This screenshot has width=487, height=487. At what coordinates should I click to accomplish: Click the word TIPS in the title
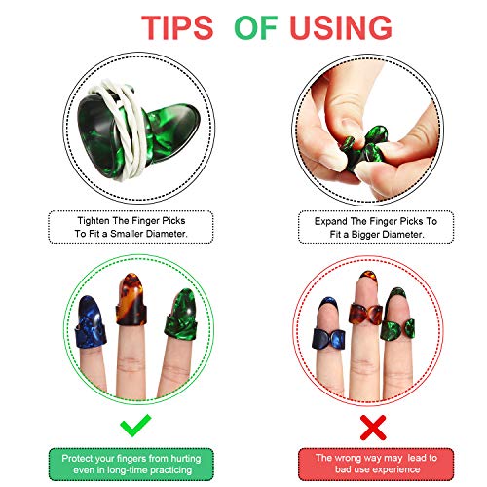pyautogui.click(x=177, y=27)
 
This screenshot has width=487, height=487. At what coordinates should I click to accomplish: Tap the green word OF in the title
pyautogui.click(x=256, y=27)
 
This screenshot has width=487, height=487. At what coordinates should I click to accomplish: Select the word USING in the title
pyautogui.click(x=341, y=27)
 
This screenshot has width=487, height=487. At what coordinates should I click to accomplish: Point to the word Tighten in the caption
pyautogui.click(x=94, y=221)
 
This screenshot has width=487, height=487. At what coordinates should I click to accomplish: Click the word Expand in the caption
pyautogui.click(x=330, y=221)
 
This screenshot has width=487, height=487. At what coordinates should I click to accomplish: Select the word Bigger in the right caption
pyautogui.click(x=365, y=234)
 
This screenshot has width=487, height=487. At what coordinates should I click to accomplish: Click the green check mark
pyautogui.click(x=135, y=425)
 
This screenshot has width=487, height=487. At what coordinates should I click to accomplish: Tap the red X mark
pyautogui.click(x=373, y=428)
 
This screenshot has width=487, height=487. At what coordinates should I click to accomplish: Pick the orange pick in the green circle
pyautogui.click(x=131, y=299)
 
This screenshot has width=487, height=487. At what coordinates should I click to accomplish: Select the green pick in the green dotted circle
pyautogui.click(x=181, y=315)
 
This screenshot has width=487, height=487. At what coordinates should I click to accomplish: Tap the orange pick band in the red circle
pyautogui.click(x=365, y=314)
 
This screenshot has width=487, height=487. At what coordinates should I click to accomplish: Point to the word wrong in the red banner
pyautogui.click(x=347, y=458)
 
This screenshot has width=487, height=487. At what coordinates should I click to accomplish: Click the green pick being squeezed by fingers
pyautogui.click(x=363, y=148)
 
